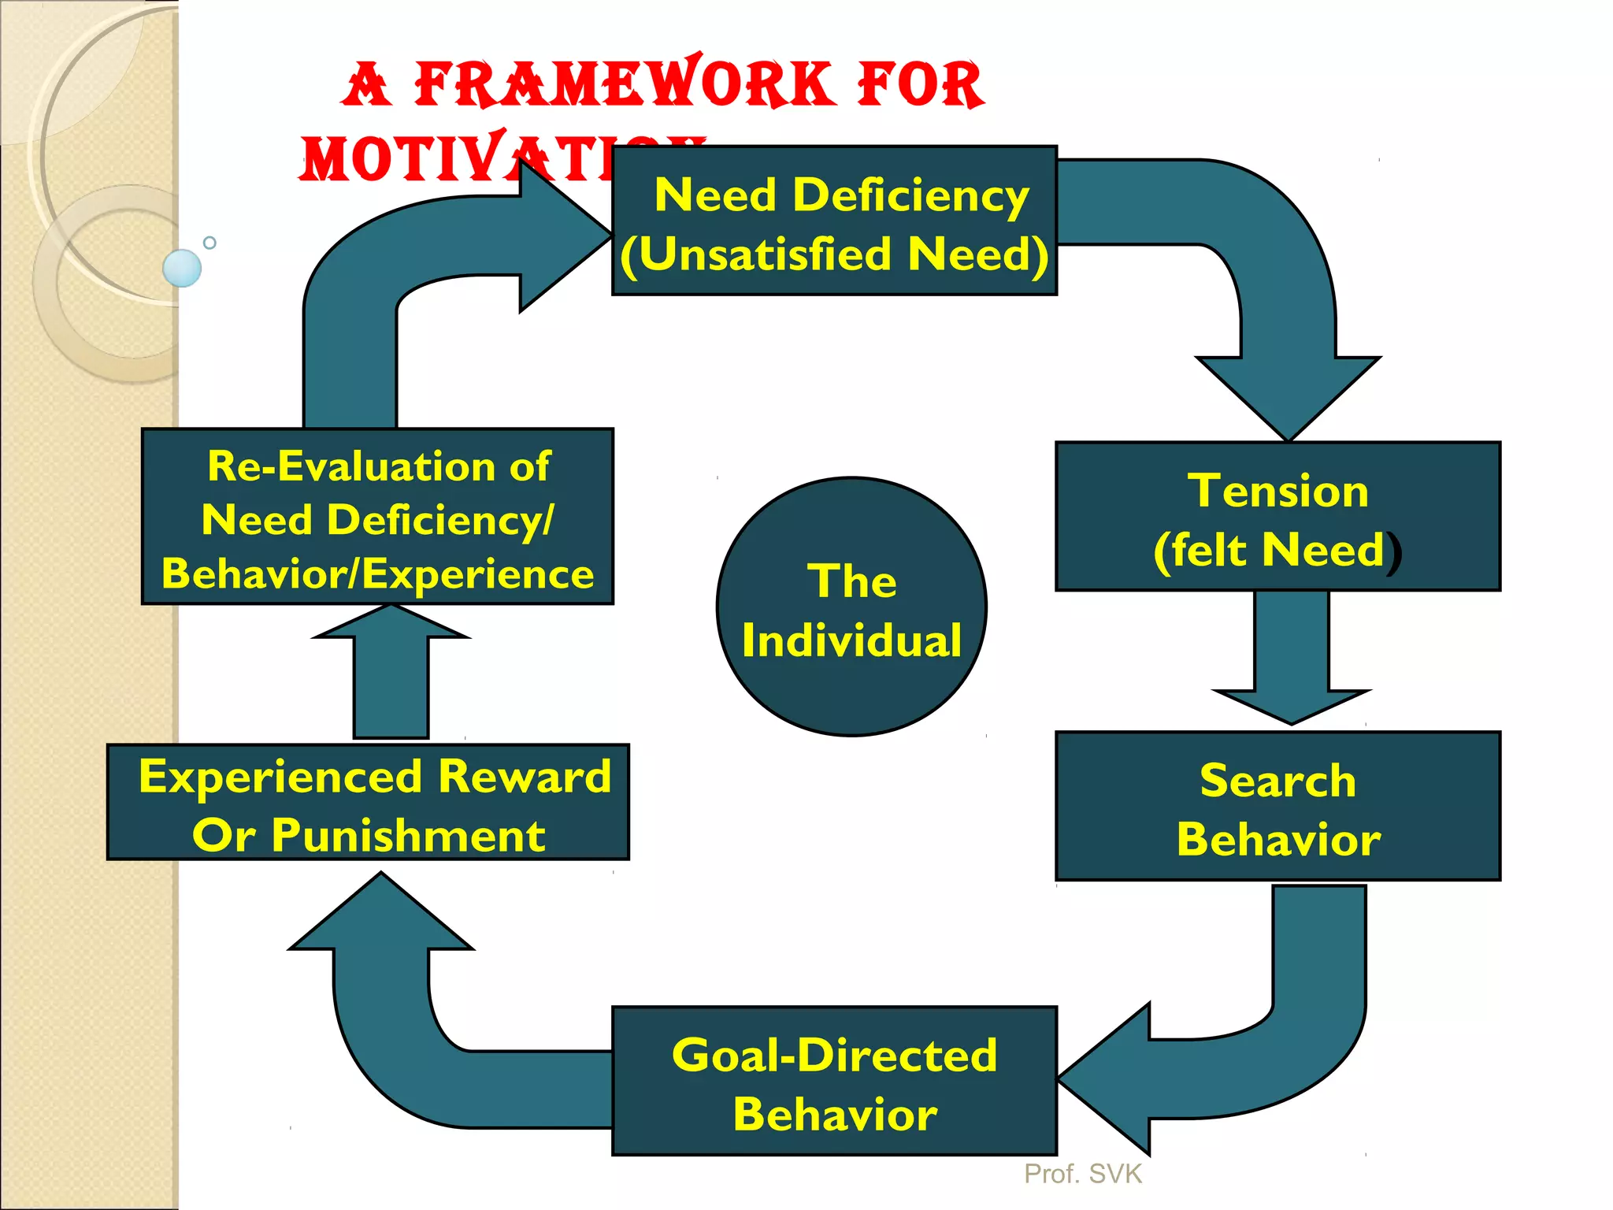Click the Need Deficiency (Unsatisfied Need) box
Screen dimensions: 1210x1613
coord(834,221)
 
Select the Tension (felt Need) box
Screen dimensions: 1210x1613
coord(1277,516)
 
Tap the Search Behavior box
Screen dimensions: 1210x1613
coord(1277,805)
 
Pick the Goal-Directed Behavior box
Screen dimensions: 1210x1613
coord(834,1081)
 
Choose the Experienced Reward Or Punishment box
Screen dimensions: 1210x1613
coord(368,802)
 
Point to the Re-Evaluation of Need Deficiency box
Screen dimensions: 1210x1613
coord(377,516)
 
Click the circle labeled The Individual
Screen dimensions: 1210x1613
coord(851,607)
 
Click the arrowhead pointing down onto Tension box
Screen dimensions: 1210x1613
coord(1288,394)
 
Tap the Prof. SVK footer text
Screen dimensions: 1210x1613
coord(1082,1174)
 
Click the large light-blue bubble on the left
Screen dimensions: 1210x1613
coord(182,268)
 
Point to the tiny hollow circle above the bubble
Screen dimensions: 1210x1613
coord(210,243)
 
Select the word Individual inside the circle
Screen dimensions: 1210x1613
coord(851,640)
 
